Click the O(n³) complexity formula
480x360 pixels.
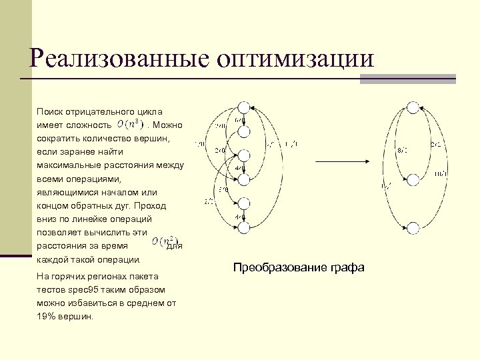click(130, 124)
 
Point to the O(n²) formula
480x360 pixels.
click(164, 241)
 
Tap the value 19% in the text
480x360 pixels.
click(47, 316)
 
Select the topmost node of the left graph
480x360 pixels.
click(243, 107)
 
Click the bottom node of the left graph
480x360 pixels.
click(243, 228)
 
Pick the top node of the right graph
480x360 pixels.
click(413, 107)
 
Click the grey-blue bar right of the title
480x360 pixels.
click(407, 79)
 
